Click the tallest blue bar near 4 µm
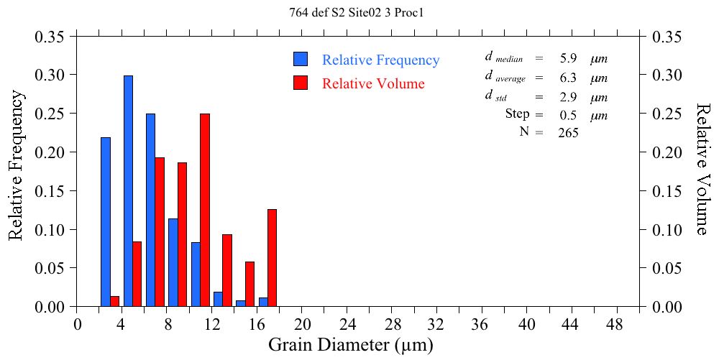pos(128,191)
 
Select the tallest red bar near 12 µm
pos(205,210)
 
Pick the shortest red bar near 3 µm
pos(115,302)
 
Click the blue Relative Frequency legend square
pos(301,60)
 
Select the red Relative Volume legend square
pos(301,83)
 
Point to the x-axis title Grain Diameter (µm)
pos(351,345)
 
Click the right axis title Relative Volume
pos(703,169)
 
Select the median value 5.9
pos(568,58)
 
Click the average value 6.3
pos(568,78)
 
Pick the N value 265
pos(568,133)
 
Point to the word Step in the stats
pos(518,114)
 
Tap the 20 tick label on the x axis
pos(303,324)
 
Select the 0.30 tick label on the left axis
pos(50,75)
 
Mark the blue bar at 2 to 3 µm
pos(106,222)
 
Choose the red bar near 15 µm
pos(249,285)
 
